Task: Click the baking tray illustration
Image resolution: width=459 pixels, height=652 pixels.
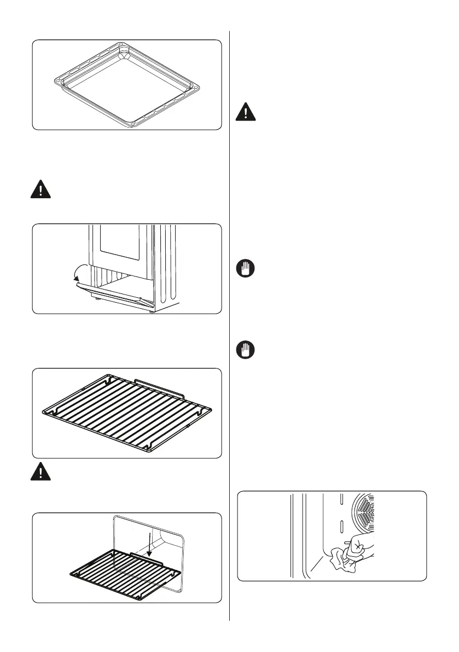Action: click(x=127, y=85)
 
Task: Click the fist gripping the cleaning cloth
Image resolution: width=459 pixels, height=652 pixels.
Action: click(x=360, y=548)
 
